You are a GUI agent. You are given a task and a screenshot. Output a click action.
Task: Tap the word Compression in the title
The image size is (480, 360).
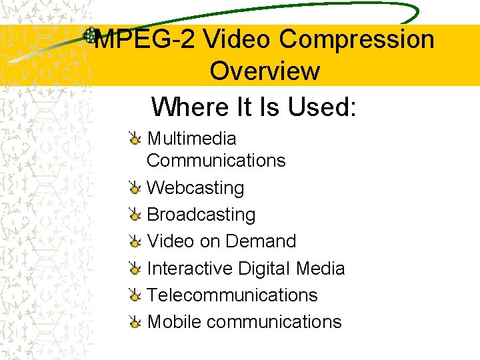coord(357,40)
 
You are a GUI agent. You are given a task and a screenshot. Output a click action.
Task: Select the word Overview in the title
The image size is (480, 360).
coord(265,71)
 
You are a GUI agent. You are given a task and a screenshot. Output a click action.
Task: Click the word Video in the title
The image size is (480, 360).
coord(235,40)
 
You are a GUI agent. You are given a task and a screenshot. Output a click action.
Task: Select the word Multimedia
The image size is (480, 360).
coord(191,139)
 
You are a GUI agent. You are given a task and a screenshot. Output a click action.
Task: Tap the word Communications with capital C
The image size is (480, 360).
coord(216,161)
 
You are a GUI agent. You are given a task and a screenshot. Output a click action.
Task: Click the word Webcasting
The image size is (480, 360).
coord(195,188)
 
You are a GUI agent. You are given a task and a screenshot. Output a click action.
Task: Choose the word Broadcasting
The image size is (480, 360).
coord(201,215)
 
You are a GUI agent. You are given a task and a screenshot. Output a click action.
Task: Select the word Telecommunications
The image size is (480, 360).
coord(232,295)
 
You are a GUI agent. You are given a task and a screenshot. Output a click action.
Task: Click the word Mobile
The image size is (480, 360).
coord(174,322)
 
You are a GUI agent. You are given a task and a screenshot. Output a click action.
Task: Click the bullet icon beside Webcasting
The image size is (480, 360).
coord(135,188)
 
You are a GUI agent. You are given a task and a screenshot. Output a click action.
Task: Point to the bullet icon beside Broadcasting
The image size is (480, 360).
coord(135,215)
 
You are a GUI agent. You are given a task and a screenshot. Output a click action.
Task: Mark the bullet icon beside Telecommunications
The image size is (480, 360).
coord(135,295)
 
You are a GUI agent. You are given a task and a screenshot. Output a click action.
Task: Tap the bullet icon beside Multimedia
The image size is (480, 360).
coord(135,139)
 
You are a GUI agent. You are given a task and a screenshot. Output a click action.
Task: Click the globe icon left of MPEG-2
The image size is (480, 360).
coord(90,35)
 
